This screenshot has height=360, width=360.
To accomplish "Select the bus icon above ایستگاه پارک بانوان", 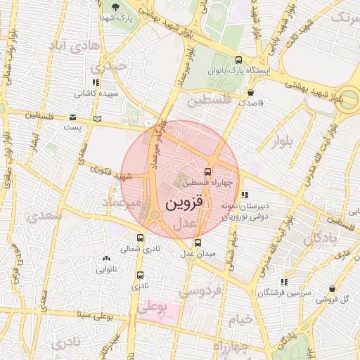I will tap(238, 60).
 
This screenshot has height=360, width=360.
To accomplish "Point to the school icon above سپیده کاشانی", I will tap(96, 82).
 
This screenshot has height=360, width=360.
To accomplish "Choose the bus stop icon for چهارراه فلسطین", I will tap(207, 171).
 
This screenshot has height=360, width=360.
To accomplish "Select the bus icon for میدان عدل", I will tap(197, 243).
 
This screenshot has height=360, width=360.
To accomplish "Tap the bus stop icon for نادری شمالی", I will tap(140, 238).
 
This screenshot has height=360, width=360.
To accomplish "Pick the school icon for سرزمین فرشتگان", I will tap(283, 281).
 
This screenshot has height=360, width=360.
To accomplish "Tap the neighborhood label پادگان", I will tap(321, 239).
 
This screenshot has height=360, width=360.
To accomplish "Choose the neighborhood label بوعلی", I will tap(153, 307).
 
